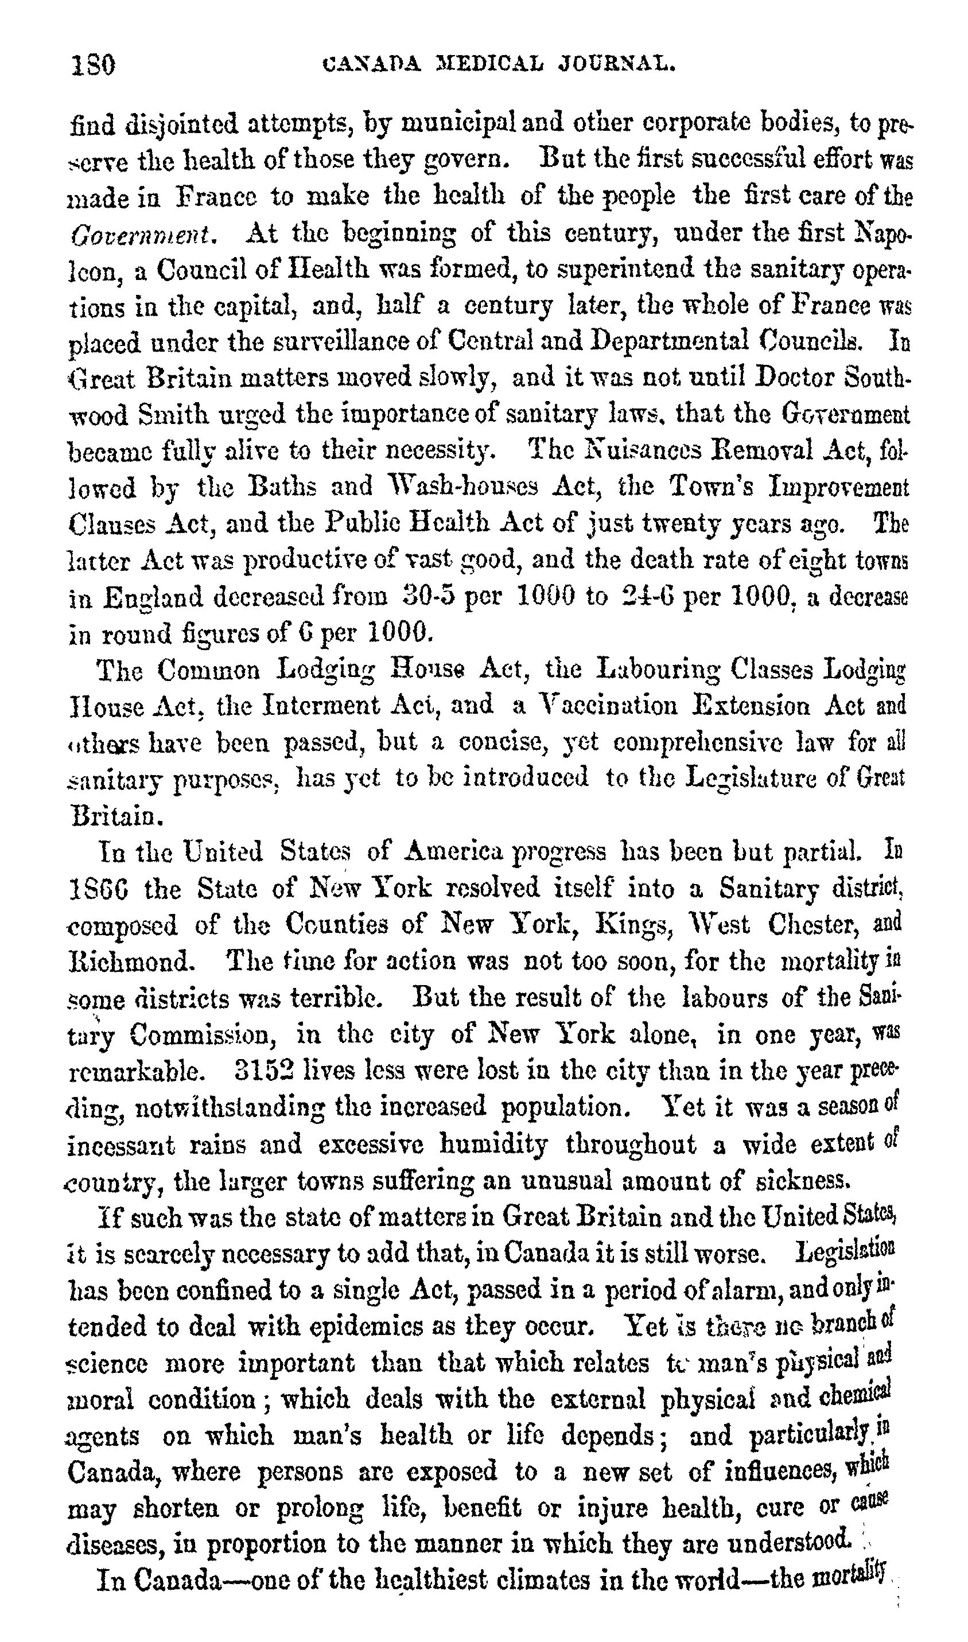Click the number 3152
click(264, 1070)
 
